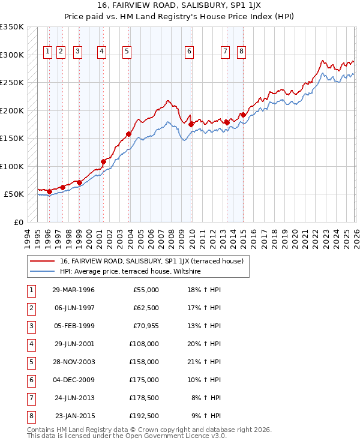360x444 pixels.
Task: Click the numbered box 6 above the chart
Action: (x=189, y=52)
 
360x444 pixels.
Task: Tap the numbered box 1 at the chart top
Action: (x=47, y=52)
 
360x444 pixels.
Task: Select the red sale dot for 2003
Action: (x=128, y=134)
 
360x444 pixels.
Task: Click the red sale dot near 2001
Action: (x=103, y=161)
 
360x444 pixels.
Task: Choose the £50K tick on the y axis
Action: (x=14, y=194)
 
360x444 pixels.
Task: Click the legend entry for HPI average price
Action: (x=130, y=272)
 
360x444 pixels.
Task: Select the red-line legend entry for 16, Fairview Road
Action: (x=151, y=261)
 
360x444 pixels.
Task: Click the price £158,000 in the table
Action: (x=145, y=362)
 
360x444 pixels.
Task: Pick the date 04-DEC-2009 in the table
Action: (x=73, y=380)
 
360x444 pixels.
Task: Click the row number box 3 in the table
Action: (x=31, y=326)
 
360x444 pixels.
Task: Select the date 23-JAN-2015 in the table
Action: (x=73, y=416)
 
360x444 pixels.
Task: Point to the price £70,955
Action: (x=146, y=326)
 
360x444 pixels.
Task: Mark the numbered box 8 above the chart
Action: (x=241, y=52)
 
